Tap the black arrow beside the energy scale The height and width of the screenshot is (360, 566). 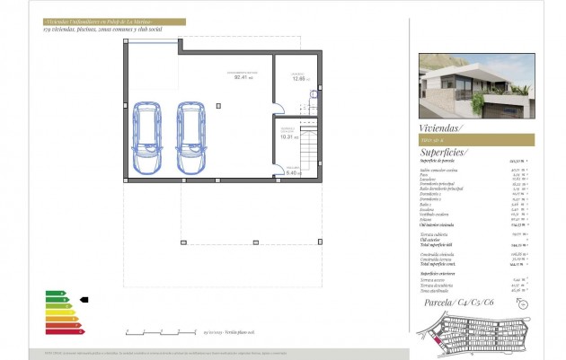pos(85,299)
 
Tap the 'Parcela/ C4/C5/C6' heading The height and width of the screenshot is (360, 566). pos(458,303)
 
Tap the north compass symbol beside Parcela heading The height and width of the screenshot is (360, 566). pos(523,304)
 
